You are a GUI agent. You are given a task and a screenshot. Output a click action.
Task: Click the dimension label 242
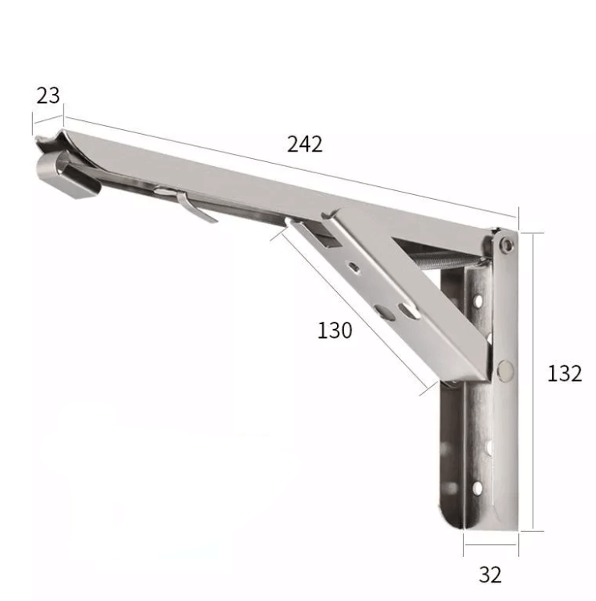click(x=305, y=144)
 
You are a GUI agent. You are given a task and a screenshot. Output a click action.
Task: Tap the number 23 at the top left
click(x=48, y=95)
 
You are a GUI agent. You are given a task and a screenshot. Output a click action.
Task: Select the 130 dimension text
click(x=334, y=330)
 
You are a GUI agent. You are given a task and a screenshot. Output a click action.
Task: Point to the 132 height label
click(x=565, y=373)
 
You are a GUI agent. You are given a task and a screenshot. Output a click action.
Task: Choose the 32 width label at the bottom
click(x=490, y=575)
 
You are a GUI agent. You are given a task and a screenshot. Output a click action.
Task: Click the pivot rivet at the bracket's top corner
click(x=505, y=243)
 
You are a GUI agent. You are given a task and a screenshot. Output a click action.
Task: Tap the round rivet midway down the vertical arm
click(x=505, y=369)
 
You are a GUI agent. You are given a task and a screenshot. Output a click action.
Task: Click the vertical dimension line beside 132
click(x=531, y=381)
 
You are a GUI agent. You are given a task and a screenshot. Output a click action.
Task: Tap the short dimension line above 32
click(x=490, y=554)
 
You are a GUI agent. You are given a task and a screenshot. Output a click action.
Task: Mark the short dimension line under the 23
click(x=47, y=118)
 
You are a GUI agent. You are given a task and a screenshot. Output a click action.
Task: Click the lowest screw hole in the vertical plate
click(x=478, y=487)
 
